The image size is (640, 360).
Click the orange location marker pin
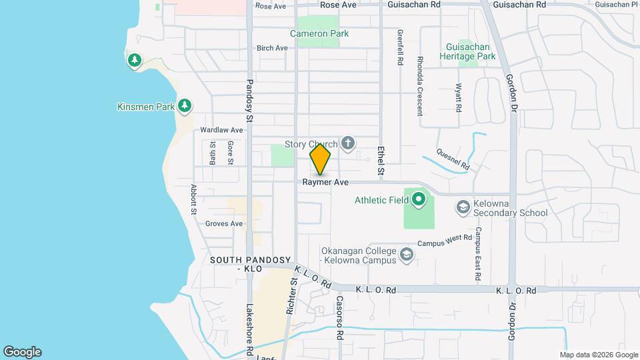pyautogui.click(x=321, y=160)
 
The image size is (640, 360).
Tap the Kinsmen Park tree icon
pyautogui.click(x=185, y=106)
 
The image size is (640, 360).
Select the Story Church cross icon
pyautogui.click(x=347, y=143)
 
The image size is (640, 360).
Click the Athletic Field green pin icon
pyautogui.click(x=418, y=199)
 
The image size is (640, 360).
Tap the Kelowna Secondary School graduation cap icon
pyautogui.click(x=462, y=207)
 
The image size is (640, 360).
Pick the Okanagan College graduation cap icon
pyautogui.click(x=406, y=254)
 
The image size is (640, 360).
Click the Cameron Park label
pyautogui.click(x=319, y=33)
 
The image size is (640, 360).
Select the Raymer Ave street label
pyautogui.click(x=326, y=182)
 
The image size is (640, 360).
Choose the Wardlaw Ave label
pyautogui.click(x=222, y=130)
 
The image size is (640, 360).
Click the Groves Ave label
pyautogui.click(x=224, y=224)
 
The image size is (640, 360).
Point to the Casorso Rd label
pyautogui.click(x=339, y=316)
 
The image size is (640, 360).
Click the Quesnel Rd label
pyautogui.click(x=453, y=158)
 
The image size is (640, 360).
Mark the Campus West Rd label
pyautogui.click(x=445, y=241)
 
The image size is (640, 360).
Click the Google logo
pyautogui.click(x=22, y=352)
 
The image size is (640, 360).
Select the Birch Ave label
pyautogui.click(x=272, y=48)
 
